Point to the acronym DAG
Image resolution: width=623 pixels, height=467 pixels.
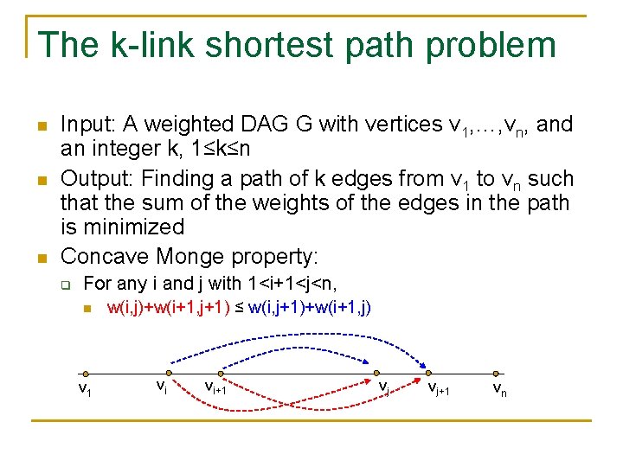click(265, 125)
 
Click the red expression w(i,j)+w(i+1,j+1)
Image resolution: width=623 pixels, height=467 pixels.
click(168, 307)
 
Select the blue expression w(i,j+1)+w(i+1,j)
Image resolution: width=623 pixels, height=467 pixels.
click(310, 307)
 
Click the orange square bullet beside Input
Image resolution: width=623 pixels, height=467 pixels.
click(41, 127)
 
